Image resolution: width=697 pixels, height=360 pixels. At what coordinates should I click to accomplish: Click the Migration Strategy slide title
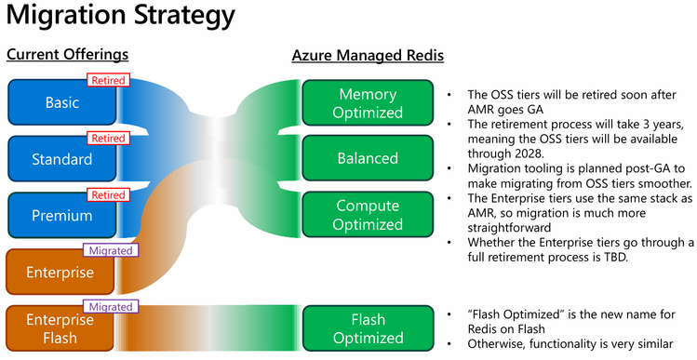pos(120,18)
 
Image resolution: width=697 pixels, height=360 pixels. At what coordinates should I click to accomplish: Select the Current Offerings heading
pos(67,55)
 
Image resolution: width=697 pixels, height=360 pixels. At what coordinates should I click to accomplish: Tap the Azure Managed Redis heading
pos(368,56)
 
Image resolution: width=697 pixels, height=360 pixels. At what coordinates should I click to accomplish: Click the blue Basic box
pos(62,102)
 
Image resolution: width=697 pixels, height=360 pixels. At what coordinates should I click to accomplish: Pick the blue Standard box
pos(62,159)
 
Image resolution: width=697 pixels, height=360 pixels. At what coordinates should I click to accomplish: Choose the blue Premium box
pos(62,216)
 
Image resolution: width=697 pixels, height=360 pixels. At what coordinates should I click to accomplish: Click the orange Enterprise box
pos(62,273)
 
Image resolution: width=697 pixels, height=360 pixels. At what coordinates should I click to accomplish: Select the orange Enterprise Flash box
pos(62,328)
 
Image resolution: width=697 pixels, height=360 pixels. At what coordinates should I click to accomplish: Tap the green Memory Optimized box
pos(368,102)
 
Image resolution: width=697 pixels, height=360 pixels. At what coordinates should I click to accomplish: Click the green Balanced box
pos(368,159)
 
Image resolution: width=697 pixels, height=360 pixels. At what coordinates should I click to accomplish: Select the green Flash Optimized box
pos(368,328)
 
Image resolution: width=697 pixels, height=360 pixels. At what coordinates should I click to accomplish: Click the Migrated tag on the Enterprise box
pos(111,250)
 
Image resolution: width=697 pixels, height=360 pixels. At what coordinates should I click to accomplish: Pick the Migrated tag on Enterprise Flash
pos(111,306)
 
